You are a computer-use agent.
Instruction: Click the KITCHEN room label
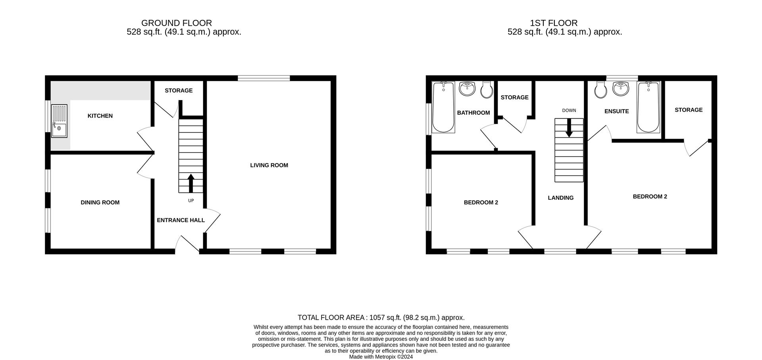pos(100,116)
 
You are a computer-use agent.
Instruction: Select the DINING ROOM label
pos(100,202)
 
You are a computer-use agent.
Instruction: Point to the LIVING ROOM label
pos(269,165)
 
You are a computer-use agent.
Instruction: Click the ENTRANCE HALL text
pos(181,220)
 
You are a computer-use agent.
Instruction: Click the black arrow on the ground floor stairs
pos(190,183)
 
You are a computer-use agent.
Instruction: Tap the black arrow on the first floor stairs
pos(569,128)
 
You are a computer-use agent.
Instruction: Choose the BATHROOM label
pos(473,113)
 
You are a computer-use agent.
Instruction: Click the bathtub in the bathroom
pos(443,107)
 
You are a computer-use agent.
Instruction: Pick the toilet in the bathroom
pos(487,90)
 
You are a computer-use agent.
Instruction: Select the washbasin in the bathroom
pos(467,89)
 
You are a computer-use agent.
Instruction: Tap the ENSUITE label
pos(617,112)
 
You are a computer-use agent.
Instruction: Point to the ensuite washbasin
pos(621,89)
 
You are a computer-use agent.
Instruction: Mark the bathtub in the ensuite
pos(648,107)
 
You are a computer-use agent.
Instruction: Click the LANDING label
pos(561,198)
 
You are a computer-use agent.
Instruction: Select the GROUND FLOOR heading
pos(177,23)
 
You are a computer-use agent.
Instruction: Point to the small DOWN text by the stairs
pos(569,110)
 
